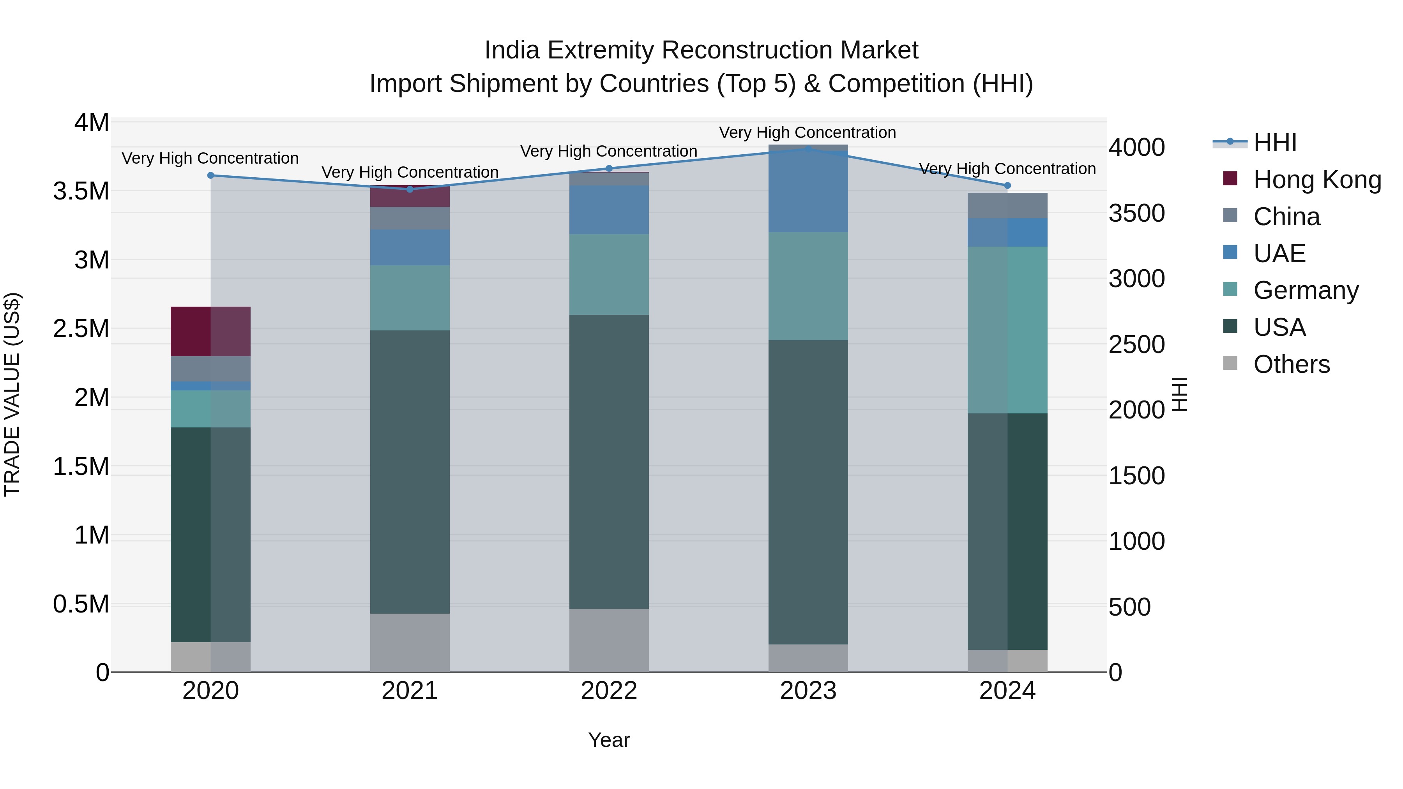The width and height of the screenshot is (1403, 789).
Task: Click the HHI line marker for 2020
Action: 211,175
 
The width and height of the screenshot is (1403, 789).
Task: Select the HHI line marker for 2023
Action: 808,149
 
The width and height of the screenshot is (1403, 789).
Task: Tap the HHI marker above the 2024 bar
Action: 1007,186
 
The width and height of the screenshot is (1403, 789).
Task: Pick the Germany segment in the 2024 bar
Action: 1007,330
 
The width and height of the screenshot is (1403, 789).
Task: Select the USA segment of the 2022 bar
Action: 609,462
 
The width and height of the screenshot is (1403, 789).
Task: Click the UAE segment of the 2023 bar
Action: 808,192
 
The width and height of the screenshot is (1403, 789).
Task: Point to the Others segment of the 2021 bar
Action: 410,642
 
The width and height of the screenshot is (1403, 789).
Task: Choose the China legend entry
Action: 1286,217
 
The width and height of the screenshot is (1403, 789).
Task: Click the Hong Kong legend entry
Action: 1317,180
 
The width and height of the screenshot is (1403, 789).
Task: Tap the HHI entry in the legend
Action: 1274,143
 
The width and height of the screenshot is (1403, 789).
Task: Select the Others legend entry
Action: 1292,364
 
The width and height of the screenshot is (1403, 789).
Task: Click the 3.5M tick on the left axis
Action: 81,191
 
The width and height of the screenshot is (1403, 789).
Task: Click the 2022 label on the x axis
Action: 609,691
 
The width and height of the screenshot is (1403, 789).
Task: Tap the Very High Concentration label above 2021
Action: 410,172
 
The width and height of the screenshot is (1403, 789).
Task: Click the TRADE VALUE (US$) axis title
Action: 12,394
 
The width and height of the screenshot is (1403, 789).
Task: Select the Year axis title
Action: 609,740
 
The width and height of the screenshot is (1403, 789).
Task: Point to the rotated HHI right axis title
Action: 1179,394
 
